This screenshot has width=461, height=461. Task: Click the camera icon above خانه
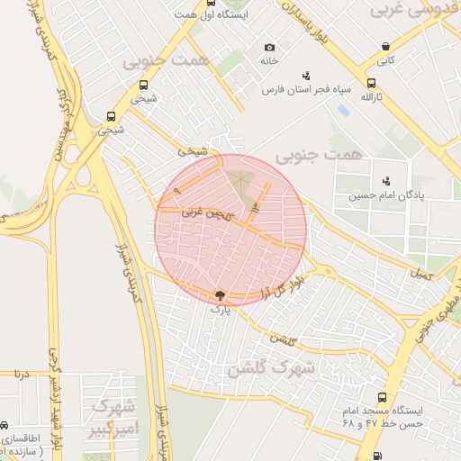pos(269,48)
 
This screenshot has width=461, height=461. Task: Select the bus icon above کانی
pos(385,47)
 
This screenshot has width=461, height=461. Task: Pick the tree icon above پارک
pos(220,294)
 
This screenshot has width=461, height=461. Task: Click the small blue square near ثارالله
pos(344,110)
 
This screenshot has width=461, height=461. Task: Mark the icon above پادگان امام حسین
pos(386,181)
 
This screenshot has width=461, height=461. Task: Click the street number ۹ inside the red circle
pos(177,192)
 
